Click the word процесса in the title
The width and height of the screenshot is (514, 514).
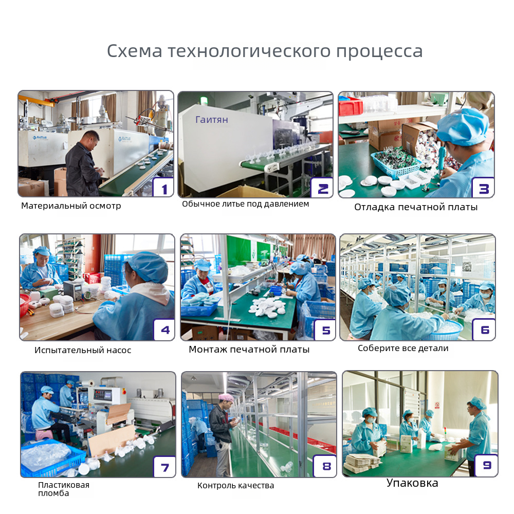click(379, 51)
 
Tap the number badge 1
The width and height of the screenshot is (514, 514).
click(163, 188)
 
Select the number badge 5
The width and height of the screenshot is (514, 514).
click(325, 330)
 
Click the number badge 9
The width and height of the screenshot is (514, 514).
click(486, 466)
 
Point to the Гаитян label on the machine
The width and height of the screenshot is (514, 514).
click(212, 120)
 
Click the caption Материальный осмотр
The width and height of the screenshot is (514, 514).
click(71, 206)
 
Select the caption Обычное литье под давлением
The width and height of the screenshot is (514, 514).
click(246, 204)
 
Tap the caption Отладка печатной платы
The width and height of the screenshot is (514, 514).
click(416, 207)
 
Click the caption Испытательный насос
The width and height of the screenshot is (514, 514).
click(83, 350)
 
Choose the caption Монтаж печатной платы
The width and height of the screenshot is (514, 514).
click(249, 350)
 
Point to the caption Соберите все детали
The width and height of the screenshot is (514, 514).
click(403, 348)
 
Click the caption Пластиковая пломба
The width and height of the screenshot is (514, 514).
click(64, 489)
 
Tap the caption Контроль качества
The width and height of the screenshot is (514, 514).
click(236, 486)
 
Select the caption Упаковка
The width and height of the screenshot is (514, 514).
click(412, 483)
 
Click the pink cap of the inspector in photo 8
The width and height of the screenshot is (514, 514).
click(226, 398)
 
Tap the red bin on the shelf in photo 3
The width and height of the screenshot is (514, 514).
click(351, 106)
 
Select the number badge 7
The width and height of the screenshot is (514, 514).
click(164, 467)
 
